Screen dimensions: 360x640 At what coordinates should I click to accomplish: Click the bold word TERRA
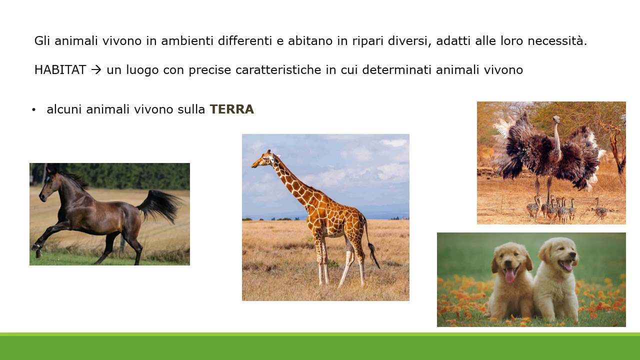point(231,109)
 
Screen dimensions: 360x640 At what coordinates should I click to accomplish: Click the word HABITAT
point(60,70)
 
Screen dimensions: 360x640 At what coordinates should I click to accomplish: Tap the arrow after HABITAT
point(96,70)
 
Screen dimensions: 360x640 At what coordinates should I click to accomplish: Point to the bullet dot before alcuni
point(33,110)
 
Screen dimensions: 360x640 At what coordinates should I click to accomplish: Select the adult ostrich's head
point(555,119)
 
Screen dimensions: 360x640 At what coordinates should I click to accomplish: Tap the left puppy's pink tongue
point(509,275)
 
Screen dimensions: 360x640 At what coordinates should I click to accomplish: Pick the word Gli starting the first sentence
point(42,41)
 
